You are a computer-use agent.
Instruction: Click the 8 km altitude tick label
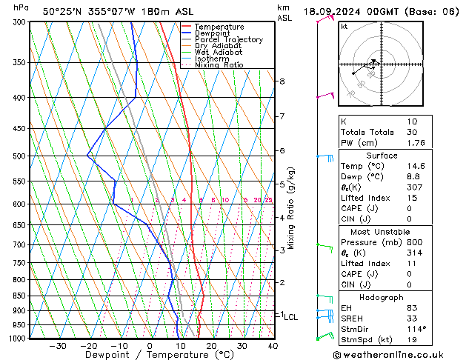point(282,81)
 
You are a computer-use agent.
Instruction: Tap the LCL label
point(291,317)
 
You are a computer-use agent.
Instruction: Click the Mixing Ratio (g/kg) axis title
point(291,207)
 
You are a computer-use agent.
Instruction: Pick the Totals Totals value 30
point(413,132)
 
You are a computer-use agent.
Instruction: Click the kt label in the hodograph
point(344,27)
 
